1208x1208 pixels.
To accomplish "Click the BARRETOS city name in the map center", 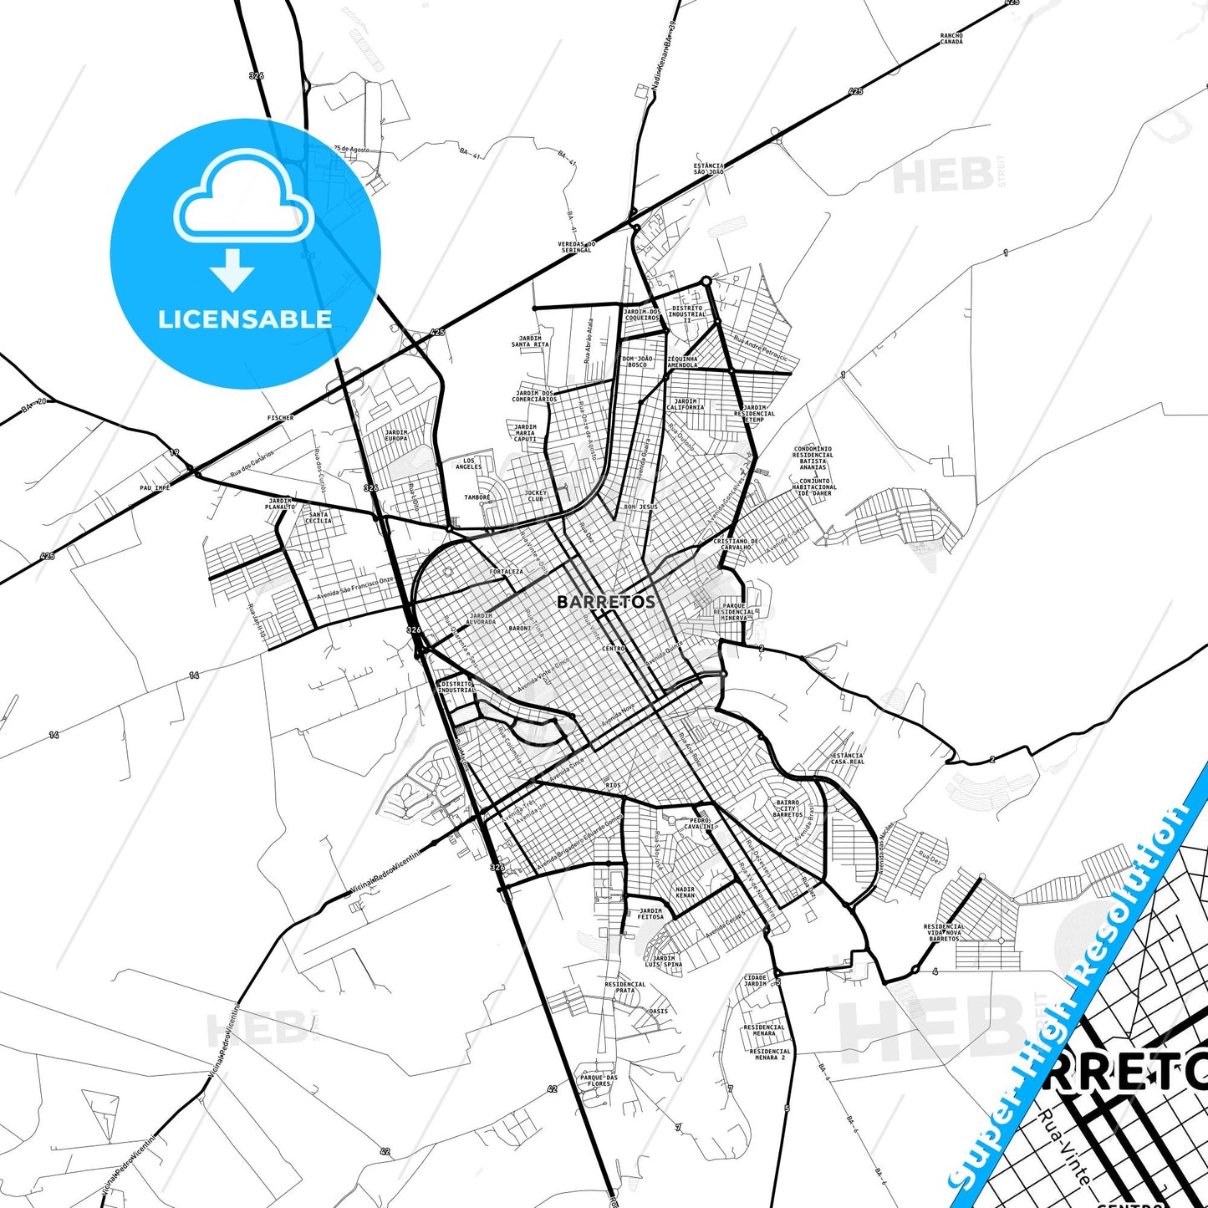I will click(606, 602).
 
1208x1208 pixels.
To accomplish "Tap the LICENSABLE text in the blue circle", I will click(245, 319).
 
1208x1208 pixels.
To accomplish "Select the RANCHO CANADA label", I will click(951, 38).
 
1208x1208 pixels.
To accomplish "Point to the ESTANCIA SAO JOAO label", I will click(709, 169).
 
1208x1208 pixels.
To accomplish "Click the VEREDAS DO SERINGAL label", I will click(576, 247).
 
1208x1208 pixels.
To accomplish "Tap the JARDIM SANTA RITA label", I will click(530, 341).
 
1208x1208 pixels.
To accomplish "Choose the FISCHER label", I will click(281, 417).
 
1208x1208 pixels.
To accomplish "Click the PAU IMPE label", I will click(155, 487).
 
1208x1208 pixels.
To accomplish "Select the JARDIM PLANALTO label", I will click(281, 504).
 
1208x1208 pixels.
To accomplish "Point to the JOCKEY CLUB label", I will click(535, 496).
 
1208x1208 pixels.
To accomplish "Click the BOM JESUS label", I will click(640, 507).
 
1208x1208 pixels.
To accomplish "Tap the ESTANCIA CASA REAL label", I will click(848, 758).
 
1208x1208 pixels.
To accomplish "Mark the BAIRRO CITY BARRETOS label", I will click(787, 808).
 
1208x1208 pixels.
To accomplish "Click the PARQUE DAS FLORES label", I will click(599, 1080).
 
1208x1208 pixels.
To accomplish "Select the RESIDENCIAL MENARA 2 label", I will click(770, 1054).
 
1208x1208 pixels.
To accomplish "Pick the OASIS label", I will click(659, 1011).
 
